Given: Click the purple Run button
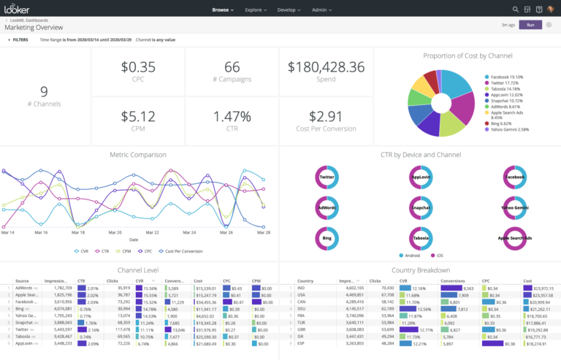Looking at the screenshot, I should pos(530,25).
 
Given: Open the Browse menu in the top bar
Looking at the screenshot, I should pos(222,10).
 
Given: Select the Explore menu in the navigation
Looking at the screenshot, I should pos(256,10).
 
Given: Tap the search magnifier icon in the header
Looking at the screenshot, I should pos(516,10).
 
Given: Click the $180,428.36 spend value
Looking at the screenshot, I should pos(326,67).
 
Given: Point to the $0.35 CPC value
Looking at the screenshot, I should pos(138,67).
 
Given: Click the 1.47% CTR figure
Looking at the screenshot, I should pos(232,116).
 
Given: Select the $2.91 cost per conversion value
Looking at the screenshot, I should pos(326,116).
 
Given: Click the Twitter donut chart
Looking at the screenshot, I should pos(327,177).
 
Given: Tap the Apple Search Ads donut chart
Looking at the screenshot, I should pos(514,238).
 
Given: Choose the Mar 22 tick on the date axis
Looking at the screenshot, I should pos(152,232).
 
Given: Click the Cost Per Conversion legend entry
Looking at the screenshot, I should pos(183,250).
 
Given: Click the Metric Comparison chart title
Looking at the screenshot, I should pos(138,155).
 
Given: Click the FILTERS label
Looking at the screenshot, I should pos(19,39).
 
